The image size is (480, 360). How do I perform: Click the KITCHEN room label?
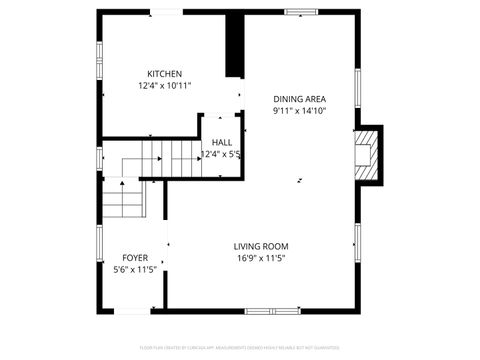(165, 74)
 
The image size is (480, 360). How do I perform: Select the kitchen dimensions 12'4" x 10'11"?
(165, 86)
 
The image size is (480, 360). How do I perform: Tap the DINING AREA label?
(300, 98)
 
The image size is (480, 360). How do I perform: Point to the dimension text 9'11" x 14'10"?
(300, 111)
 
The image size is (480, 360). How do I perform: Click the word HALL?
(221, 142)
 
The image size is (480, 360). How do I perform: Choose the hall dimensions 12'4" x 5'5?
(222, 154)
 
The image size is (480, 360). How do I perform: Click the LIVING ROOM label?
(261, 246)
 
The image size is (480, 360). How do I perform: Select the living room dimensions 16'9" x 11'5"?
(261, 258)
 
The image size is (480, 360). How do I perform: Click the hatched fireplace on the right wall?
(367, 155)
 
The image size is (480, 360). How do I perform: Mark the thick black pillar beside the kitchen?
(235, 45)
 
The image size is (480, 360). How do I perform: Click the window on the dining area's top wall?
(299, 13)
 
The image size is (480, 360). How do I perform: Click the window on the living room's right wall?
(357, 240)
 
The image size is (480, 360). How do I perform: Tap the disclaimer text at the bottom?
(240, 348)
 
